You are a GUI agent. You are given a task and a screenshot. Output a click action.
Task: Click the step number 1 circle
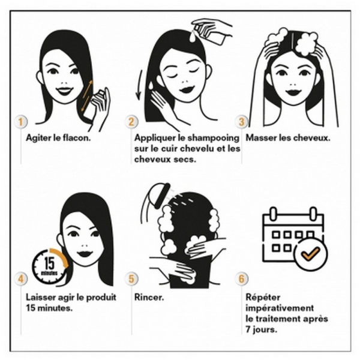20,122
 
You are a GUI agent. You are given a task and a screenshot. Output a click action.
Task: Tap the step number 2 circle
131,122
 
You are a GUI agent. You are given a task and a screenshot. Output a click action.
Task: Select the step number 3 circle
242,122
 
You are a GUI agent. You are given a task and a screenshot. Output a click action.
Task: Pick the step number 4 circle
20,279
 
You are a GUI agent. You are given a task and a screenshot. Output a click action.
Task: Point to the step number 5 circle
131,279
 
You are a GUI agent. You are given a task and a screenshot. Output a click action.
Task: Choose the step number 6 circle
242,279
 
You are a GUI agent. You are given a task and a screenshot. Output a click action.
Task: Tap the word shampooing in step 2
213,139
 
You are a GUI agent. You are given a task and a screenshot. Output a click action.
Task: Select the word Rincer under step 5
149,297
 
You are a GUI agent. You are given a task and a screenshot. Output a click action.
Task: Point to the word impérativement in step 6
280,308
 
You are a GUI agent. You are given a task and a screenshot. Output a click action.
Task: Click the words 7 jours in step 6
261,329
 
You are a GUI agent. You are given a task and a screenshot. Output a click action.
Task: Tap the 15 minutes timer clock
50,267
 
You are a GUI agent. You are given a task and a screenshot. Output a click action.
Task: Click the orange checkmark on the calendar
310,254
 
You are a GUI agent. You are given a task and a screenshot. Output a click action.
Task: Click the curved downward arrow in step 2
139,85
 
